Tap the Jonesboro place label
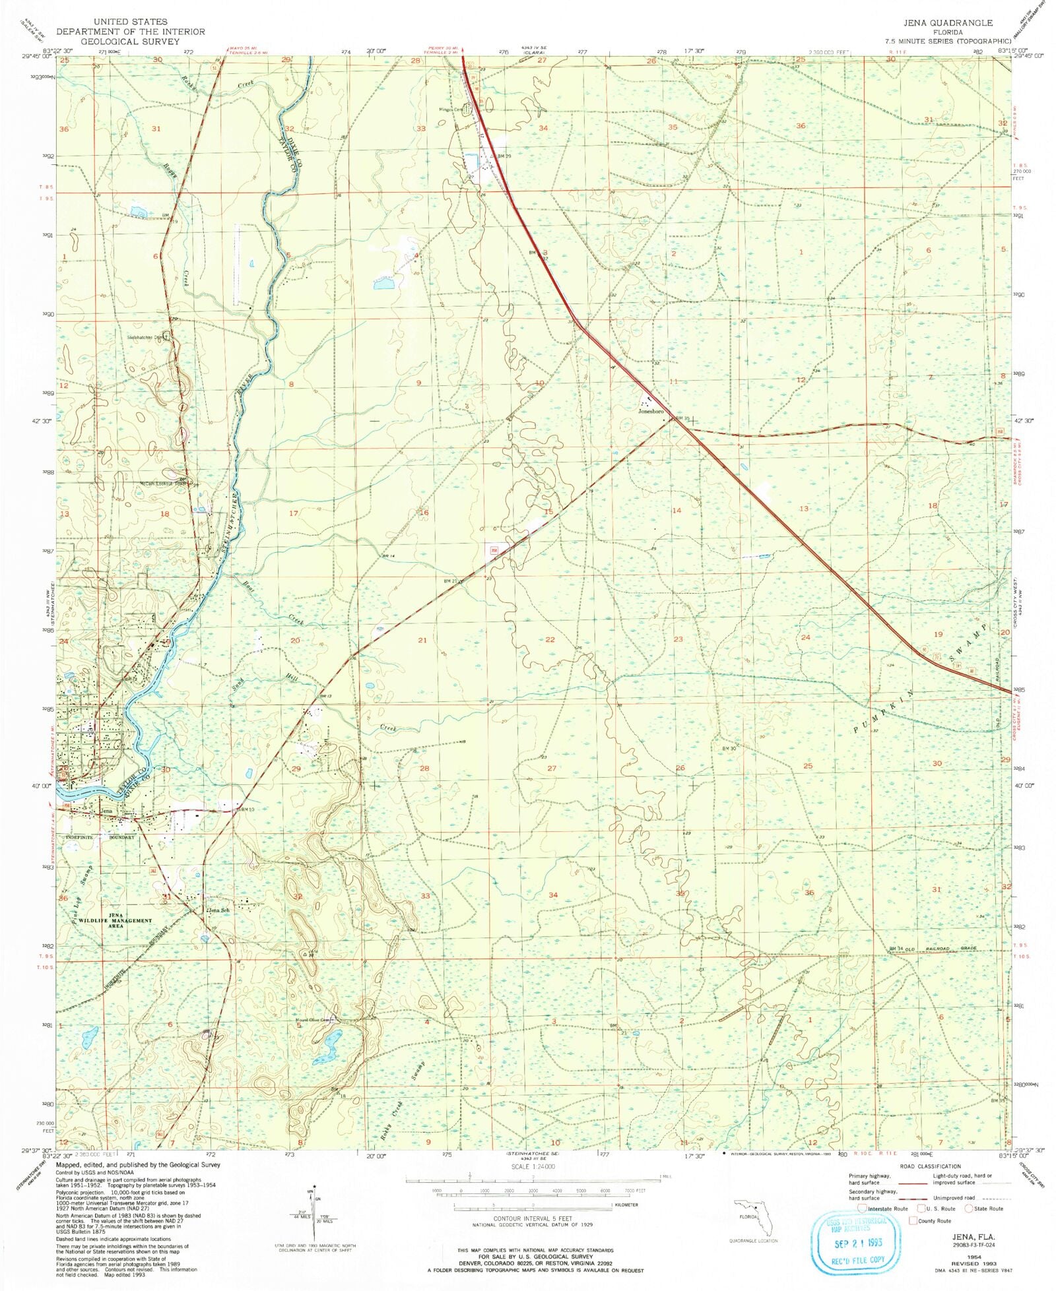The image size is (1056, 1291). point(650,411)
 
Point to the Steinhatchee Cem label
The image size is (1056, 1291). point(145,337)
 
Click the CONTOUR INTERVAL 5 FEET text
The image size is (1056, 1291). point(533,1218)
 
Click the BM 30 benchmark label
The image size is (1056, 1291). point(728,749)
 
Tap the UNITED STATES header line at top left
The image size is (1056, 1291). point(130,22)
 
